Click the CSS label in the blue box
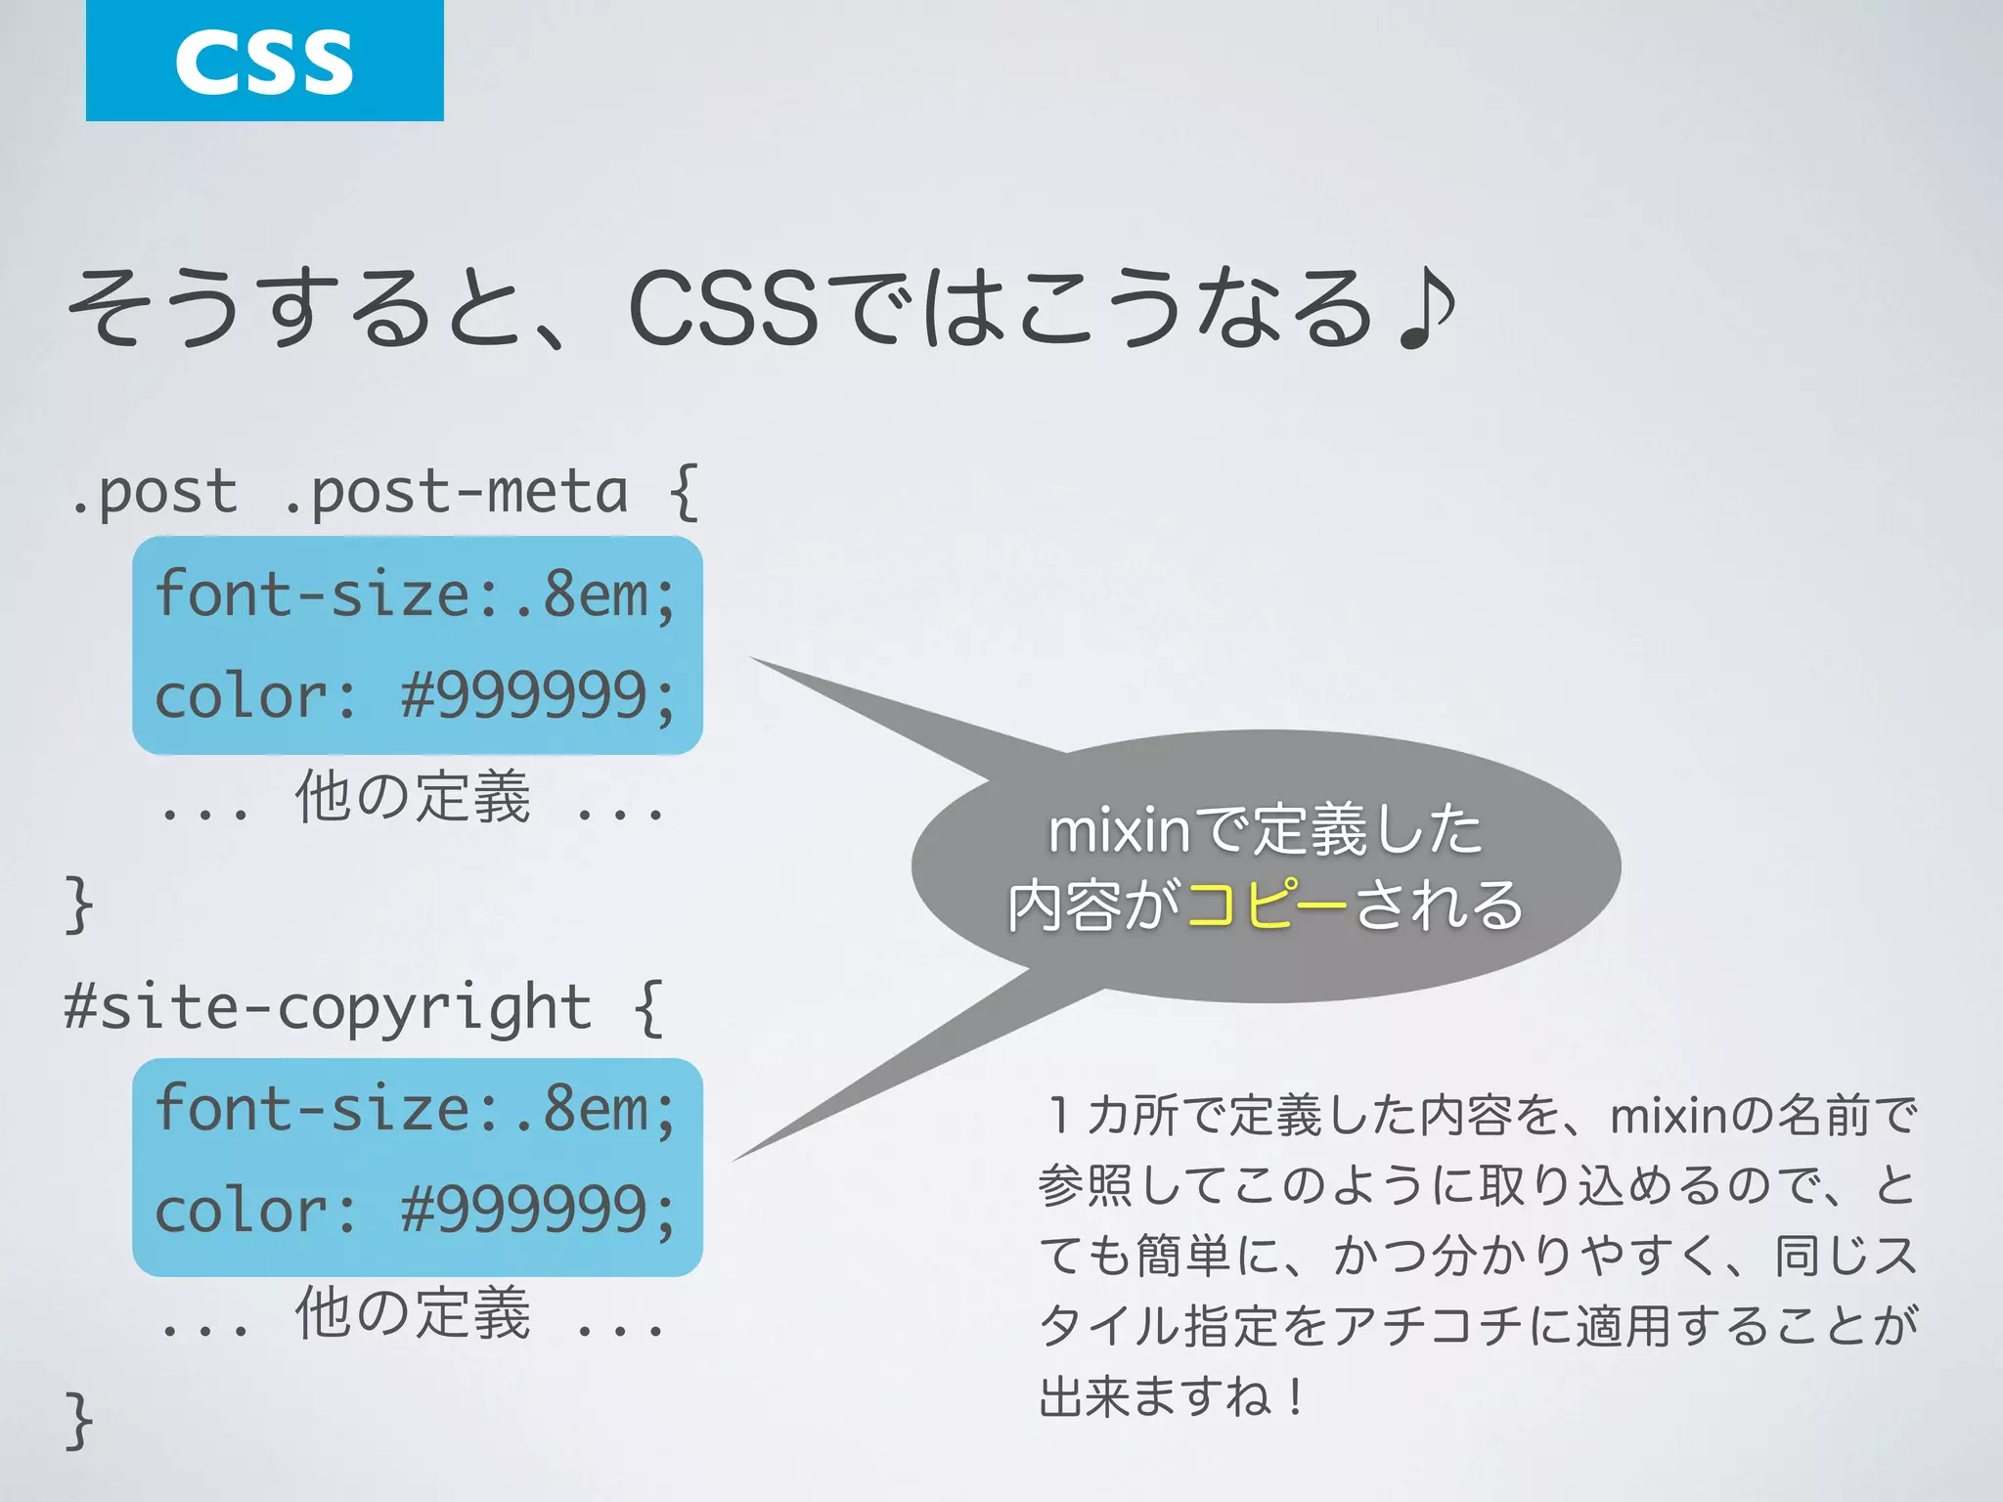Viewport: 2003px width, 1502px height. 264,62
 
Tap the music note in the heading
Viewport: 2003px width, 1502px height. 1427,309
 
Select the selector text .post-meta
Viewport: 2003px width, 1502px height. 455,492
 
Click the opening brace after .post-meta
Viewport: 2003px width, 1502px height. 685,492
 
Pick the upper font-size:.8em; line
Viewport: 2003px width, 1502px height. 416,595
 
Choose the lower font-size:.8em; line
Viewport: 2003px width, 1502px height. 416,1110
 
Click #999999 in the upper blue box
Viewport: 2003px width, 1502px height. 524,696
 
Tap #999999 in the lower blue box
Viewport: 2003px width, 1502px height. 524,1211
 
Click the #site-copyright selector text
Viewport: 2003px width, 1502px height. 328,1007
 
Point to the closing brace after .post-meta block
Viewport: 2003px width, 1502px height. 79,905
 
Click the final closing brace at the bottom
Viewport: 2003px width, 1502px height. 79,1420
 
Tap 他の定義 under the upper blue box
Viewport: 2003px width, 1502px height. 413,797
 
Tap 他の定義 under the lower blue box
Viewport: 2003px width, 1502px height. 413,1312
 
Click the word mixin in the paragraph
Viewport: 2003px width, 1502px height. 1669,1116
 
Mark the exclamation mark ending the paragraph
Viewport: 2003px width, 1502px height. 1295,1396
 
